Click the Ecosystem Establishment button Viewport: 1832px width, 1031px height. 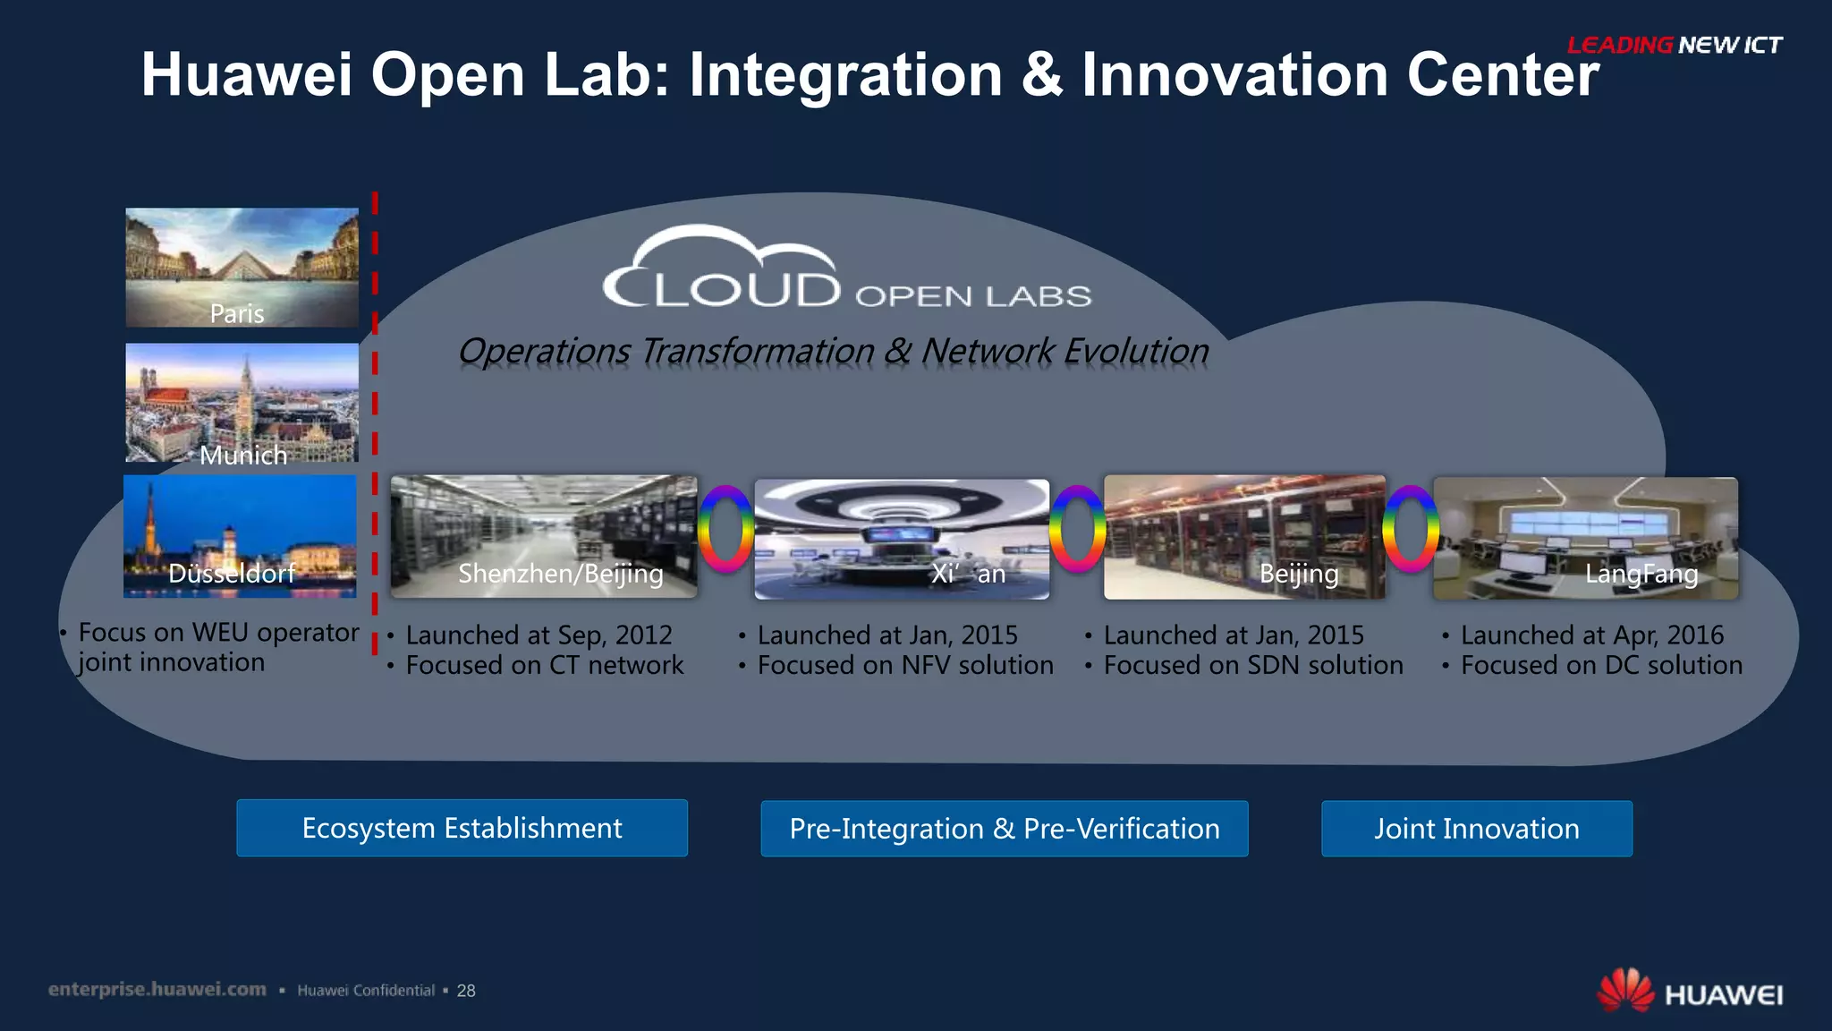click(462, 828)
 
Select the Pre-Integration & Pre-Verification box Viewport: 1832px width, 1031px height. click(1004, 829)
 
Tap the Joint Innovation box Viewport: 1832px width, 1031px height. click(1476, 829)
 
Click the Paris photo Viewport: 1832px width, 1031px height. click(242, 267)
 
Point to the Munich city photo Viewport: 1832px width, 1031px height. click(242, 402)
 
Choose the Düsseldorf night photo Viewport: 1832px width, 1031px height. click(240, 535)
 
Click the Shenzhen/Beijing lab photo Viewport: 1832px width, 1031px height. click(543, 536)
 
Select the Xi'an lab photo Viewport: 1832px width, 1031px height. click(902, 538)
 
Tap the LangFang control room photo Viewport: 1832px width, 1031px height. click(1585, 538)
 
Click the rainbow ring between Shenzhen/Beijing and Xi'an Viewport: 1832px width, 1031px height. click(725, 529)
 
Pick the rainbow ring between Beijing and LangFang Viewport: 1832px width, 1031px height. click(1410, 529)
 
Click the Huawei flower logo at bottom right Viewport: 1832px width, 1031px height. click(1625, 991)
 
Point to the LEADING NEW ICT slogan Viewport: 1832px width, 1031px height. click(1674, 45)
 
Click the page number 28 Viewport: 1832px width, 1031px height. click(466, 991)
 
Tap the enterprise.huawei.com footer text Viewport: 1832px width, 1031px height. click(157, 989)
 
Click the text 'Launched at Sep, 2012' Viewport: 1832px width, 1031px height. click(539, 635)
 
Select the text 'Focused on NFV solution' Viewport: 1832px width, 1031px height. click(905, 665)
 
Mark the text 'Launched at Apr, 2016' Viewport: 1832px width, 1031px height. click(1591, 635)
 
